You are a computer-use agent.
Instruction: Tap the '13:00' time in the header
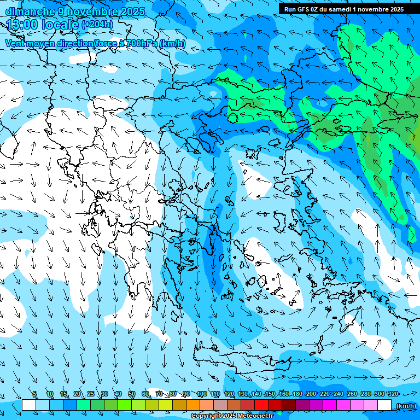(21, 25)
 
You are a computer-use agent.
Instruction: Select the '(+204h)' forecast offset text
(97, 25)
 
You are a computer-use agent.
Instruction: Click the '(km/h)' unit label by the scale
(406, 406)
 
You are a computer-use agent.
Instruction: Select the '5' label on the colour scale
(35, 394)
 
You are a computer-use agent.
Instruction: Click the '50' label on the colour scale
(132, 394)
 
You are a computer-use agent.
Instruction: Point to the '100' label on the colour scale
(201, 394)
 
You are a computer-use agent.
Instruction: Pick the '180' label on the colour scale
(297, 394)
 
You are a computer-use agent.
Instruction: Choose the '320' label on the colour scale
(393, 394)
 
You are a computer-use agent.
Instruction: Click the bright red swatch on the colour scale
(261, 405)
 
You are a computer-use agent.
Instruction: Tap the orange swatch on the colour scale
(193, 405)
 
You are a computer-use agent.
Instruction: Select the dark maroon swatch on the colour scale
(289, 405)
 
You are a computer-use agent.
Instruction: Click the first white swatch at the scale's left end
(29, 405)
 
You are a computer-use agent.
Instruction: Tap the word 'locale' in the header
(60, 25)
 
